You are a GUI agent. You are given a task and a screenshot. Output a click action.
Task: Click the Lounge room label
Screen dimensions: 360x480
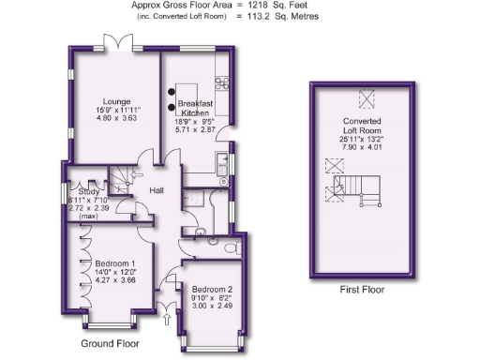pos(116,101)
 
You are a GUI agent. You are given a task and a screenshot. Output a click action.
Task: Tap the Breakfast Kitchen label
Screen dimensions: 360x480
pos(194,107)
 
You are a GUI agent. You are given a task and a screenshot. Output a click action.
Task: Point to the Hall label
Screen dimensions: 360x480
pos(157,193)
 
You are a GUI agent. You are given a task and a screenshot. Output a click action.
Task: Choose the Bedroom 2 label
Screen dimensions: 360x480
pos(212,291)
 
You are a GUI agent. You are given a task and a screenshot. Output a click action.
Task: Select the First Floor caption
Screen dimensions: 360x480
pos(362,290)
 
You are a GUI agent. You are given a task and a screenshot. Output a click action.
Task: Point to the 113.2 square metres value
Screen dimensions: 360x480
pos(272,16)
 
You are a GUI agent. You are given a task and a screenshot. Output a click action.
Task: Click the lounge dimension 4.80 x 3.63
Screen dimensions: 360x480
pos(117,119)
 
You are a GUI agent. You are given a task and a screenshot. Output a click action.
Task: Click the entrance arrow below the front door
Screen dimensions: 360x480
pos(167,322)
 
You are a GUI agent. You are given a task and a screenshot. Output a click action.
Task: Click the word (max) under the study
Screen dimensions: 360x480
pos(88,217)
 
